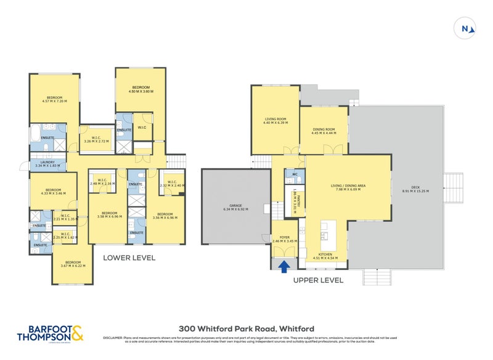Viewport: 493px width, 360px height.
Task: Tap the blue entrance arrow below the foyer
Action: [x=285, y=266]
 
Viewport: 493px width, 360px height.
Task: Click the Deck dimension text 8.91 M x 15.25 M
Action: [x=415, y=191]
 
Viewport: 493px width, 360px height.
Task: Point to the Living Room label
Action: [x=275, y=120]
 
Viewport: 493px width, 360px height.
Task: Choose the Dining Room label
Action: [x=324, y=129]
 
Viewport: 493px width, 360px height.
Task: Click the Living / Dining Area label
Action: [x=349, y=186]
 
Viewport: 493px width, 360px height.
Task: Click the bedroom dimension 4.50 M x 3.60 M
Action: [x=140, y=91]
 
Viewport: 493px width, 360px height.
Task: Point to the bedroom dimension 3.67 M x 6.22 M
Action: [x=73, y=266]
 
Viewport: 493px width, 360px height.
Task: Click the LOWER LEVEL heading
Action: [x=129, y=258]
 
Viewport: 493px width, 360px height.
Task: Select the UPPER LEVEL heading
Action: [x=318, y=280]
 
